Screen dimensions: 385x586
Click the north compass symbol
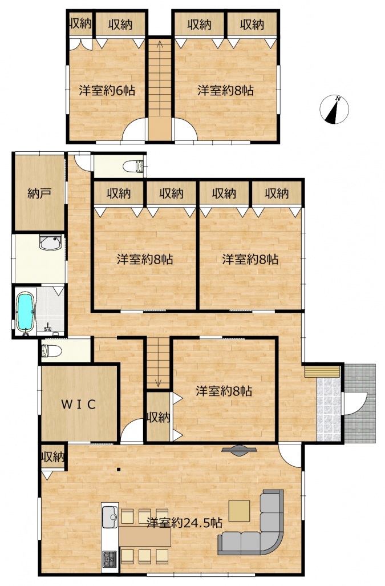coord(334,110)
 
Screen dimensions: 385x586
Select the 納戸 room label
coord(39,193)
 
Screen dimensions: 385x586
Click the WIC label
coord(79,404)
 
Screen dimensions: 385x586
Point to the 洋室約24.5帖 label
coord(184,522)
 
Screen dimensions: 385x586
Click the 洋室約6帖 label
coord(107,91)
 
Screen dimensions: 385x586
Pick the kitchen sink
coord(110,517)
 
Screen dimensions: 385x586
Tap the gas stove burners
coord(110,559)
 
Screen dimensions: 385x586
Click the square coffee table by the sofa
coord(240,511)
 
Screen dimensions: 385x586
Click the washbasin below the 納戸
coord(50,243)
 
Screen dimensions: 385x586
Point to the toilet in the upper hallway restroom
coord(133,166)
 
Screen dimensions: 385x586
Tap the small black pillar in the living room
coord(119,470)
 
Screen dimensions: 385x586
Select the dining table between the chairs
coord(145,536)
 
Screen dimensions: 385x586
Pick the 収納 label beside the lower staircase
coord(159,417)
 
